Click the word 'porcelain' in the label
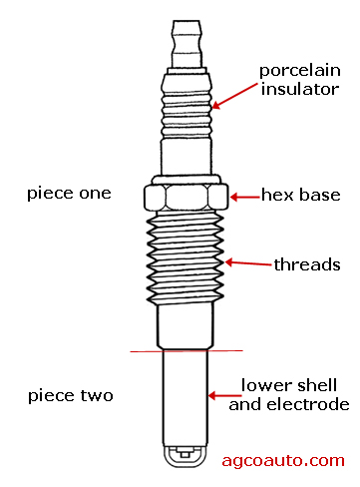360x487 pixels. (x=300, y=71)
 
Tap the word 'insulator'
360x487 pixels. (x=300, y=89)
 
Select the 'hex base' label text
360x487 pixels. (x=301, y=195)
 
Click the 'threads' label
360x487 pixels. (x=307, y=264)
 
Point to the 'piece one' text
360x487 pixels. (x=69, y=194)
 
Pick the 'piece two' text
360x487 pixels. (x=71, y=396)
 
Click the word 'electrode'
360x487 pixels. (x=308, y=404)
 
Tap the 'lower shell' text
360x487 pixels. (x=289, y=385)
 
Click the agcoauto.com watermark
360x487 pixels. (x=283, y=461)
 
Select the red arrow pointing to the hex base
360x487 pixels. (x=245, y=197)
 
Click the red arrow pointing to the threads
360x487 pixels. (x=248, y=263)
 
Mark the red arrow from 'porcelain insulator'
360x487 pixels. (x=234, y=96)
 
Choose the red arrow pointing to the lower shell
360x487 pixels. (x=225, y=395)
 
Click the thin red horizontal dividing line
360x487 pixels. (x=186, y=351)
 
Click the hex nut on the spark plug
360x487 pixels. (x=186, y=197)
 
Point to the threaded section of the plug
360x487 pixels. (x=185, y=257)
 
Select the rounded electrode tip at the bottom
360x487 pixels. (x=185, y=456)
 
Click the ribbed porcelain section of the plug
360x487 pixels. (x=186, y=113)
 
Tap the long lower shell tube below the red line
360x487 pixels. (x=185, y=398)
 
